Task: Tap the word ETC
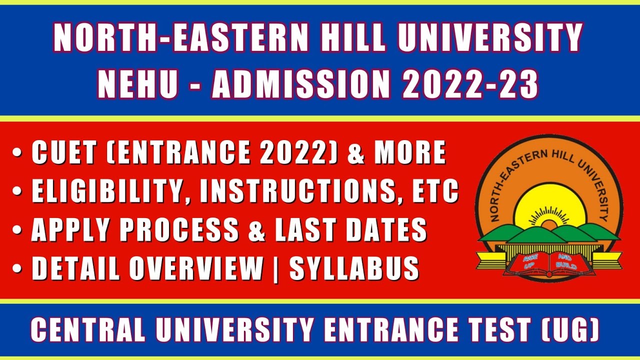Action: [433, 191]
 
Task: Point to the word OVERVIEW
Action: [196, 269]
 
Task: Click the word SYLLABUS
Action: [354, 269]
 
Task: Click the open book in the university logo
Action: [548, 263]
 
